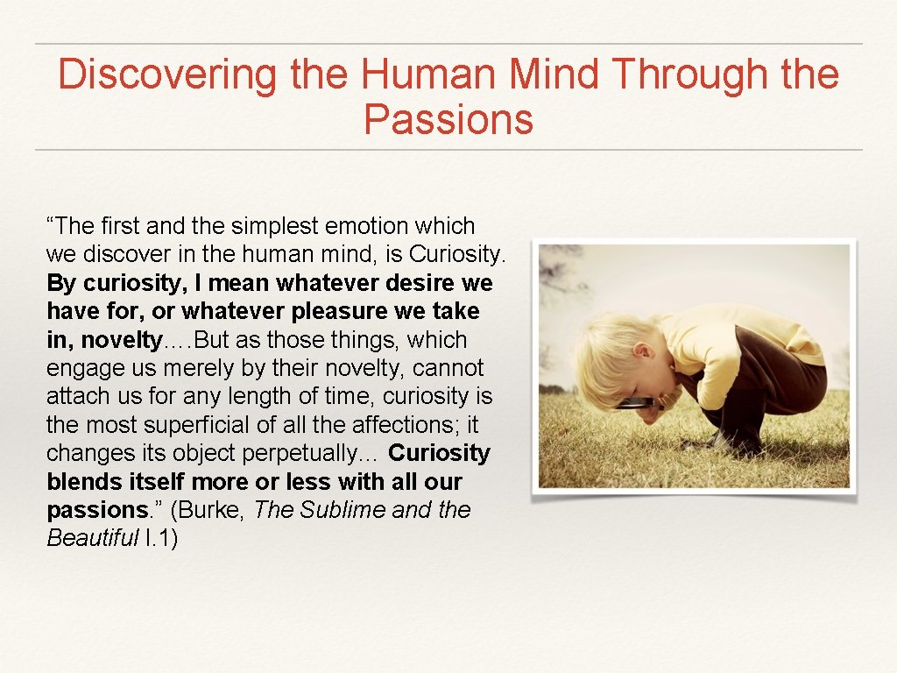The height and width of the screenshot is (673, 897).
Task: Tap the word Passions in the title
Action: [x=448, y=120]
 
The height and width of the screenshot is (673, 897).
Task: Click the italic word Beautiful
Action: [x=93, y=538]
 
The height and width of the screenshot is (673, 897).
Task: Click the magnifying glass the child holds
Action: [x=634, y=403]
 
